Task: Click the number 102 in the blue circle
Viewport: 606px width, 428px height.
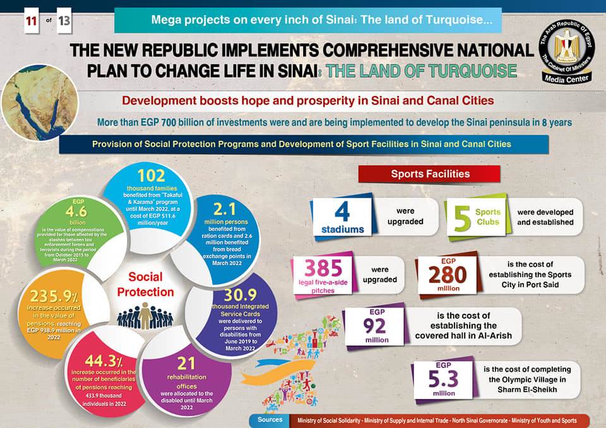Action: pos(151,175)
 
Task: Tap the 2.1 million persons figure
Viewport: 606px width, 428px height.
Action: pos(225,209)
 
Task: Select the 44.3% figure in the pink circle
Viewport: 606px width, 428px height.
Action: pos(104,361)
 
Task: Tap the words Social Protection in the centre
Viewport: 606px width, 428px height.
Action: pos(146,284)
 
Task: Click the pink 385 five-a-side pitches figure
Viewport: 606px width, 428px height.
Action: pos(324,268)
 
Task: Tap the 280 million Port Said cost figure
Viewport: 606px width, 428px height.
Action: pos(448,274)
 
